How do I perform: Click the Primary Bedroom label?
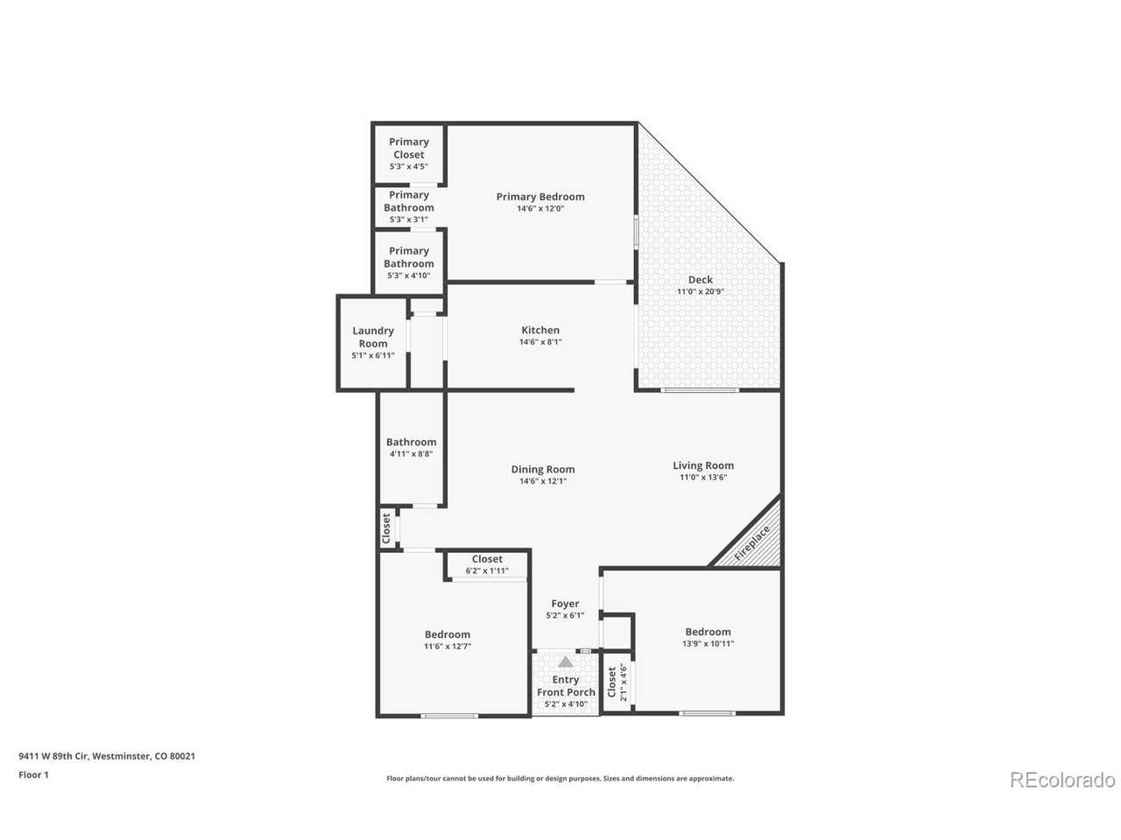[x=539, y=196]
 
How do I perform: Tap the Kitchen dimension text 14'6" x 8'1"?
[x=539, y=342]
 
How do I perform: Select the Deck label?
[x=700, y=279]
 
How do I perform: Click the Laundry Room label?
[x=372, y=337]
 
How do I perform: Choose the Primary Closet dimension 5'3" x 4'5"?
[x=408, y=166]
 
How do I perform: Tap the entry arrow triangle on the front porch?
[x=565, y=662]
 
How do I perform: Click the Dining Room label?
[x=542, y=469]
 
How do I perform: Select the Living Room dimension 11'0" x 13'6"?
[x=702, y=478]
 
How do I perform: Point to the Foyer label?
[x=564, y=604]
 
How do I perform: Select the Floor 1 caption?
[x=33, y=774]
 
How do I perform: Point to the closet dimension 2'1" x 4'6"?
[x=623, y=682]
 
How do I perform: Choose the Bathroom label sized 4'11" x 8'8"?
[x=411, y=442]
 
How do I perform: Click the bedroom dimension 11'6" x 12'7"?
[x=447, y=647]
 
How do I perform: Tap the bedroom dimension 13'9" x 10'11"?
[x=708, y=644]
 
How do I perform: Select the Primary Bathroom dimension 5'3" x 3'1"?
[x=408, y=220]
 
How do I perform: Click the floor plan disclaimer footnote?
[x=560, y=778]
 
